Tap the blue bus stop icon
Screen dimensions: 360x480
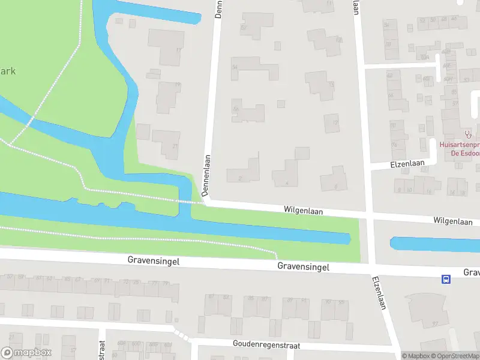pos(446,279)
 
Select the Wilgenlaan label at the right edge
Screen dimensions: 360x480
pos(454,221)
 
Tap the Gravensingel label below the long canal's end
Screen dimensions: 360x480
pos(303,267)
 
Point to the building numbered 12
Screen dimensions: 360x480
pos(332,123)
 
